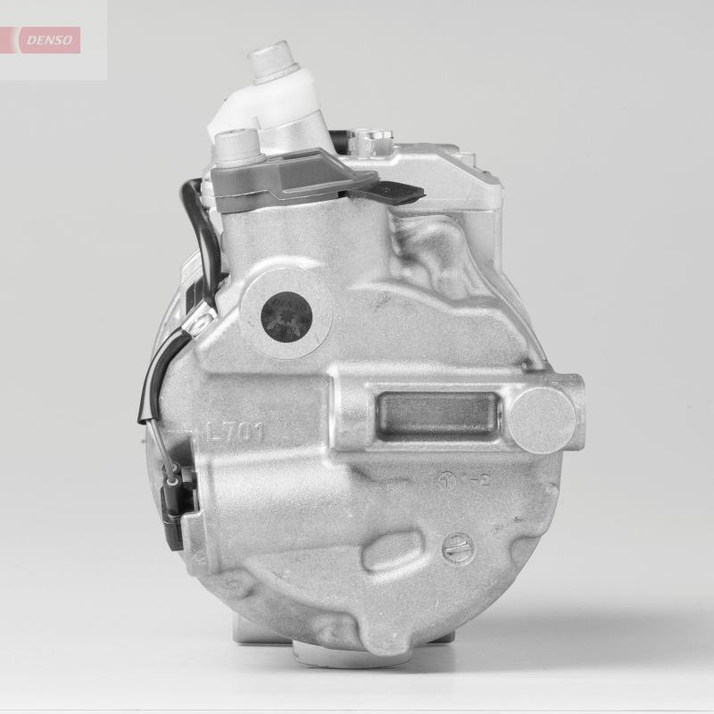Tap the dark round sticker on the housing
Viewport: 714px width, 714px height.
point(288,317)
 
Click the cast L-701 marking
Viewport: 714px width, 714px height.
point(235,433)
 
